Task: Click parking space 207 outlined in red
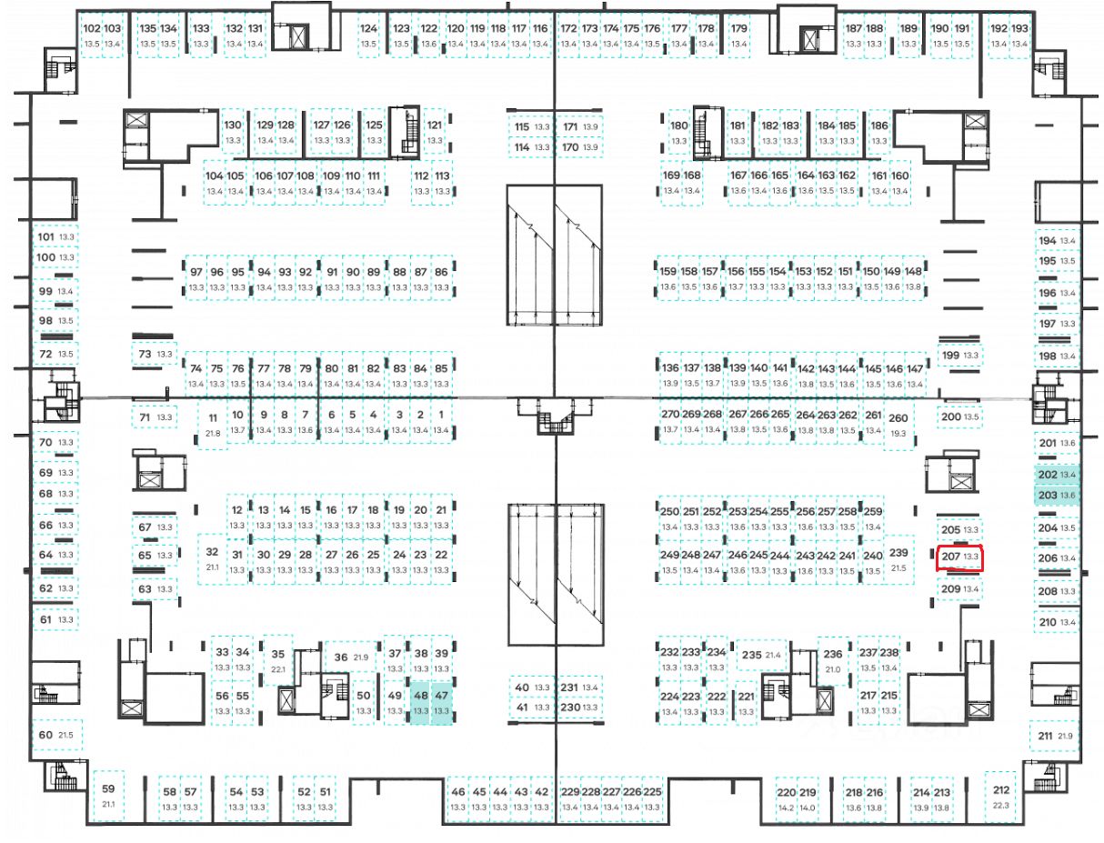(x=960, y=557)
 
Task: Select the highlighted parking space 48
(x=420, y=703)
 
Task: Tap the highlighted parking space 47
(x=442, y=703)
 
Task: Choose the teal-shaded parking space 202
(x=1057, y=475)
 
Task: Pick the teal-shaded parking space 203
(x=1057, y=495)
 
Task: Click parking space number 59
(x=108, y=795)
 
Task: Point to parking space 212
(x=1001, y=796)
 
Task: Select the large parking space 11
(x=213, y=424)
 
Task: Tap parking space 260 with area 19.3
(x=898, y=425)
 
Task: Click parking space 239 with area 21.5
(x=898, y=559)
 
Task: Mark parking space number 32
(x=212, y=557)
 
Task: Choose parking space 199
(x=960, y=355)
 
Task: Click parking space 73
(x=154, y=354)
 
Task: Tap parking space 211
(x=1055, y=736)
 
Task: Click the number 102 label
(x=91, y=29)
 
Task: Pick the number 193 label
(x=1020, y=29)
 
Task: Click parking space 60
(x=55, y=734)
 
